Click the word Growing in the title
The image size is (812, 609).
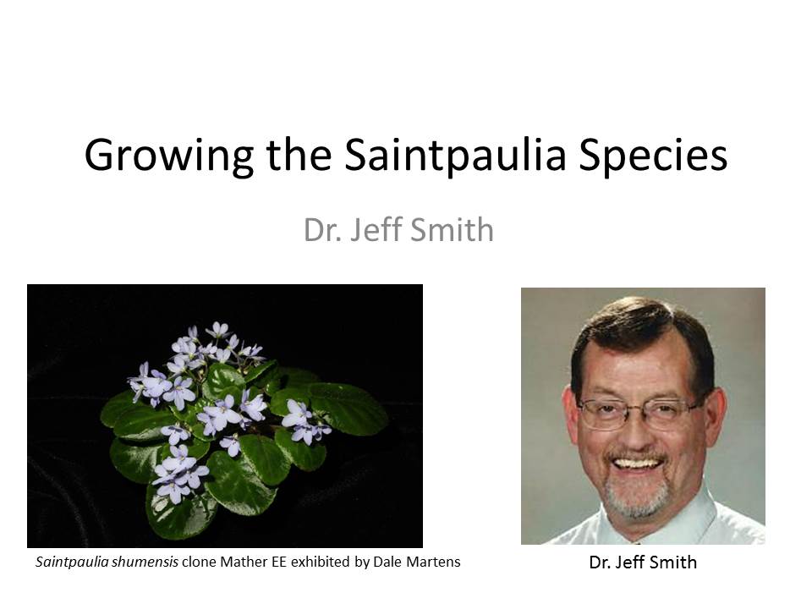pyautogui.click(x=169, y=156)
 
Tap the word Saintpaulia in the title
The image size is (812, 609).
pyautogui.click(x=455, y=155)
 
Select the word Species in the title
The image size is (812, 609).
pyautogui.click(x=653, y=156)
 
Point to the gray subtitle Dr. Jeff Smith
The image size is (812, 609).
pyautogui.click(x=398, y=229)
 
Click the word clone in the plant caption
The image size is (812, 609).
pyautogui.click(x=199, y=562)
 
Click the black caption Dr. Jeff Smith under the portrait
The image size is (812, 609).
pyautogui.click(x=643, y=562)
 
